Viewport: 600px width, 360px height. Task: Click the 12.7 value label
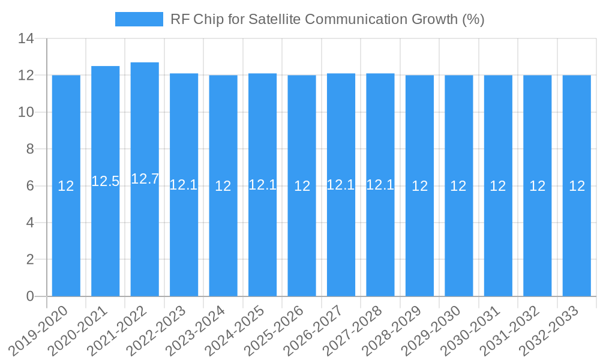(145, 179)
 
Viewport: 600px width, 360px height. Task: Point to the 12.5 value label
(106, 181)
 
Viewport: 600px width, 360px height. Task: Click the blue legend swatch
(139, 19)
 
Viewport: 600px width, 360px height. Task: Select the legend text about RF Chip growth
(327, 19)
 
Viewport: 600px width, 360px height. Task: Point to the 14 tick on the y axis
(26, 39)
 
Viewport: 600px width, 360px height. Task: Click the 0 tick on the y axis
(30, 296)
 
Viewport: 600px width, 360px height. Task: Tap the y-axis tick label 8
(30, 149)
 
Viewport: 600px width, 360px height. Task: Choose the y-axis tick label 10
(26, 112)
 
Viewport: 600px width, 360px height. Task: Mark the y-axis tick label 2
(30, 260)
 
